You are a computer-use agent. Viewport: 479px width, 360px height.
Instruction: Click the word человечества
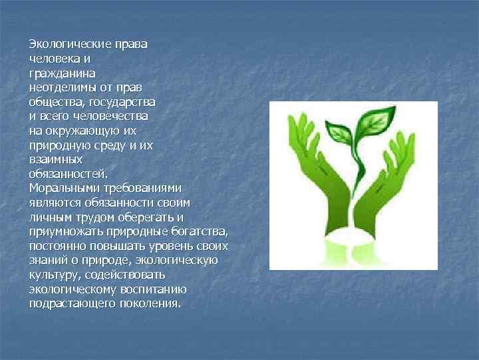pos(115,115)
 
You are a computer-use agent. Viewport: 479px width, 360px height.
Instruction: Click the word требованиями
pos(145,189)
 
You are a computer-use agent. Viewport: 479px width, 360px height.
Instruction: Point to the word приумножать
pos(66,232)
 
